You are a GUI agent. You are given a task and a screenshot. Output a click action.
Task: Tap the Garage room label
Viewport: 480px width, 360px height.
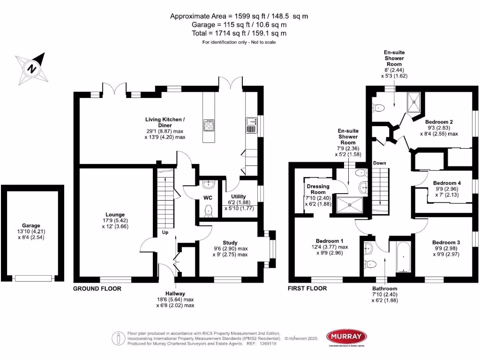click(x=31, y=225)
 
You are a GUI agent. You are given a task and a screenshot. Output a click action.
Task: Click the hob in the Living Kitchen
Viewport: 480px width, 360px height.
click(x=208, y=125)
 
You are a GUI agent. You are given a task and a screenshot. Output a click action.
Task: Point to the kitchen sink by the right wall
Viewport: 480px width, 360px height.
click(x=251, y=125)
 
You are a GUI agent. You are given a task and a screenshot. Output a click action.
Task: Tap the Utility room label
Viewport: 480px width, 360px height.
click(x=239, y=196)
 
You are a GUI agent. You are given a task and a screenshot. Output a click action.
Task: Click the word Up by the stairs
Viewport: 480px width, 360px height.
click(x=165, y=232)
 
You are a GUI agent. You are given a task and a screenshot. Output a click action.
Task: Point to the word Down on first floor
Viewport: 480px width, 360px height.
click(x=380, y=163)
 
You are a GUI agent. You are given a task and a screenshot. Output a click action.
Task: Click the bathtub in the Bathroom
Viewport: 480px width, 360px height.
click(x=403, y=257)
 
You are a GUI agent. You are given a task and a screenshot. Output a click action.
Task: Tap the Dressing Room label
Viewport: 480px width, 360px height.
click(x=318, y=189)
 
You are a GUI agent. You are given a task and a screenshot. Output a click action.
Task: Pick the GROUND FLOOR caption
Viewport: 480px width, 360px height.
click(x=97, y=289)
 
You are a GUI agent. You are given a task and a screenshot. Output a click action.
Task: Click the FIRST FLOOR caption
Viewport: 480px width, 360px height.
click(x=307, y=289)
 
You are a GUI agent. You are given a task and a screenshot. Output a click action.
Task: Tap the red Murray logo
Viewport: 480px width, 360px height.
click(x=346, y=336)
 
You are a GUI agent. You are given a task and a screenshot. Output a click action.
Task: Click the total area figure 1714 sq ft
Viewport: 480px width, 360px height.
click(x=239, y=33)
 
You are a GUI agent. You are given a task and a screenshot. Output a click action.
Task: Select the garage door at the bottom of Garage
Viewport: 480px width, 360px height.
click(x=32, y=278)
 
